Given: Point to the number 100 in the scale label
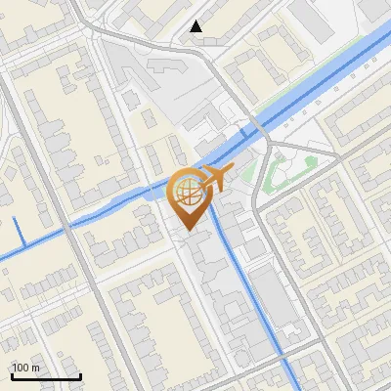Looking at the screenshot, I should (21, 368).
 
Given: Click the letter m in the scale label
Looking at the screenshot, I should (35, 368).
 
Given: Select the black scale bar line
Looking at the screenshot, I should (46, 376).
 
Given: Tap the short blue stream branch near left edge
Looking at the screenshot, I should (21, 233).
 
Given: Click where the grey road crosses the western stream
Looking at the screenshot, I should (67, 227).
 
